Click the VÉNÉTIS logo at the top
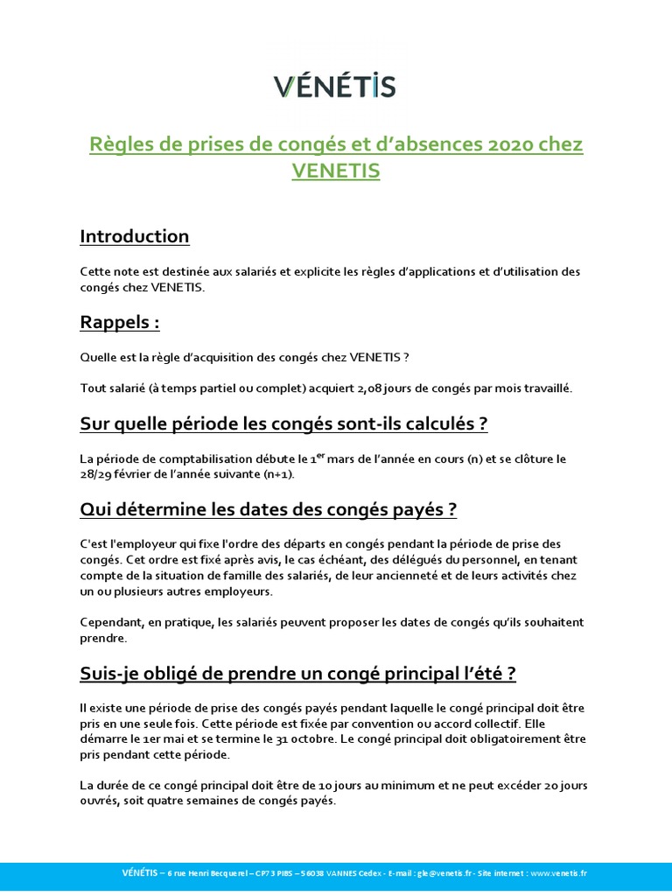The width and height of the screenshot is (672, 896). pyautogui.click(x=335, y=86)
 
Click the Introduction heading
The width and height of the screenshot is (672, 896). pyautogui.click(x=134, y=236)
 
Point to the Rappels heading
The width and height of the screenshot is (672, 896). pyautogui.click(x=120, y=323)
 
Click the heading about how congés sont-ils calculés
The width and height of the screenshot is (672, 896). pyautogui.click(x=283, y=424)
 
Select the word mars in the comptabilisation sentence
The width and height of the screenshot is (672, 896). pyautogui.click(x=340, y=458)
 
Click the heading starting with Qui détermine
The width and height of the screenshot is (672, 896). pyautogui.click(x=269, y=509)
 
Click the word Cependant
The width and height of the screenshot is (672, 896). pyautogui.click(x=110, y=622)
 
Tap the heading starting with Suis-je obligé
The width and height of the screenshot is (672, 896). pyautogui.click(x=297, y=674)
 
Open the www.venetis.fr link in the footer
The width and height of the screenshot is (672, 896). pyautogui.click(x=558, y=873)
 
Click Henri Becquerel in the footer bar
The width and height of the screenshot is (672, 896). pyautogui.click(x=208, y=873)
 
